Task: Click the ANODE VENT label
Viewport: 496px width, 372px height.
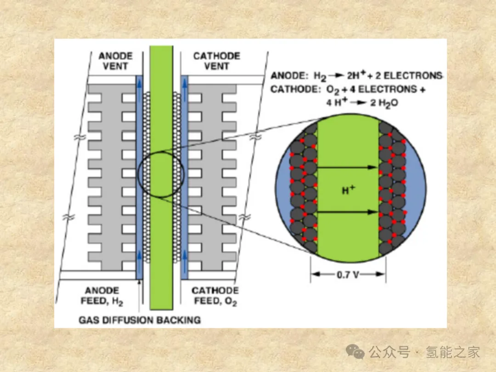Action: (x=115, y=61)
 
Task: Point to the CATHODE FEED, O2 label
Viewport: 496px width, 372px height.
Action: (x=215, y=296)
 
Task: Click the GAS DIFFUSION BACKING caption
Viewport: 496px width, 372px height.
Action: (x=140, y=320)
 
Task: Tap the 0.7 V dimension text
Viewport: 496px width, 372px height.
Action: (x=348, y=276)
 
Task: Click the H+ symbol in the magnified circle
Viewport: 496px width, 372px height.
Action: (x=348, y=190)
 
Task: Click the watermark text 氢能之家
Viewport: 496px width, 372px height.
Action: (x=453, y=352)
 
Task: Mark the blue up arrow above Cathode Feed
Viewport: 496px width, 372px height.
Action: (x=184, y=259)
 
